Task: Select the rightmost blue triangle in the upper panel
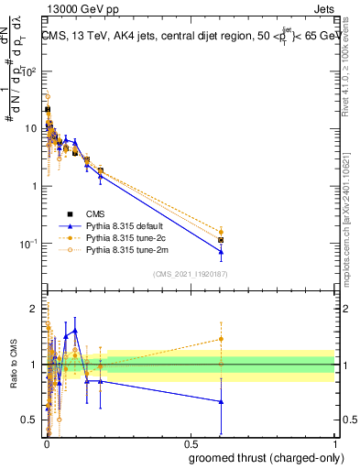[221, 251]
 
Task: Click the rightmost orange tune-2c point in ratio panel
[221, 339]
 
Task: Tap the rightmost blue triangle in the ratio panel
[221, 401]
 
